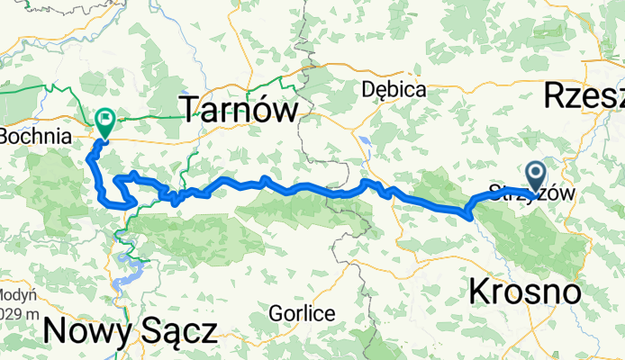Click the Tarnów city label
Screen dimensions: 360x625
pyautogui.click(x=240, y=112)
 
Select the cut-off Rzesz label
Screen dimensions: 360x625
pyautogui.click(x=584, y=95)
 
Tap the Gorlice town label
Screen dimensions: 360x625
pyautogui.click(x=303, y=314)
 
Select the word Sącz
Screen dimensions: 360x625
pyautogui.click(x=178, y=330)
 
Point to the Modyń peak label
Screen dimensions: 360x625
pyautogui.click(x=17, y=295)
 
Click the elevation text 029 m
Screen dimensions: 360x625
pyautogui.click(x=17, y=312)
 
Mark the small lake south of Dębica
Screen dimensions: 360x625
pyautogui.click(x=368, y=141)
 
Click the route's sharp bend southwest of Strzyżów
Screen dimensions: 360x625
pyautogui.click(x=467, y=213)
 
